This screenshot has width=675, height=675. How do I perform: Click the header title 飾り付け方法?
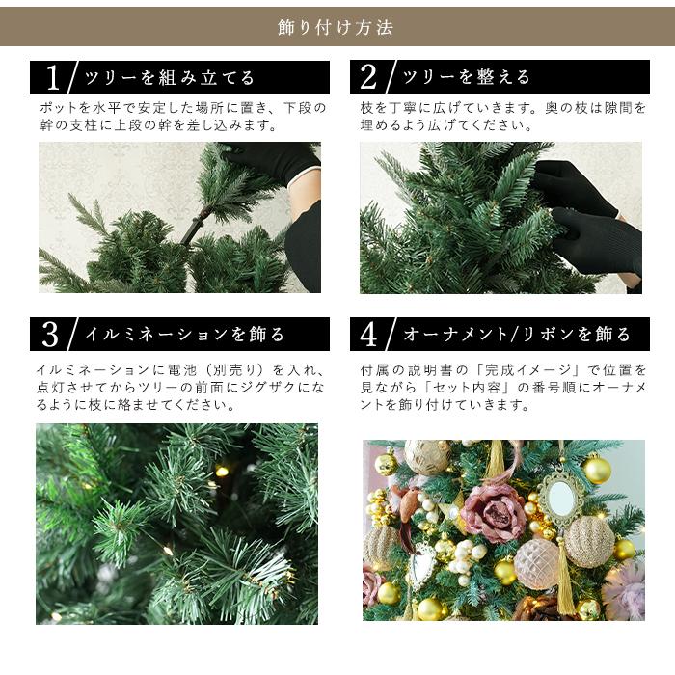pos(336,27)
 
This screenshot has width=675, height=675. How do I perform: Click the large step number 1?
pos(54,77)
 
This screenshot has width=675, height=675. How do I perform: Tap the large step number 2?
pos(368,77)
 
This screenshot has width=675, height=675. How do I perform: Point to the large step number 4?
pos(368,335)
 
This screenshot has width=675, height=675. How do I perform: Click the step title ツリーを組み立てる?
pos(170,78)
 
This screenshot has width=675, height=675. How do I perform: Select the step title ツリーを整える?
pos(467,78)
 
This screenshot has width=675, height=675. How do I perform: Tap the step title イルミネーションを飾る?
pos(185,335)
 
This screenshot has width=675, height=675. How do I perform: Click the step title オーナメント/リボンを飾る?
pos(517,335)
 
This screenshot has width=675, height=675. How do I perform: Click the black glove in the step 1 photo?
pos(275,160)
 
